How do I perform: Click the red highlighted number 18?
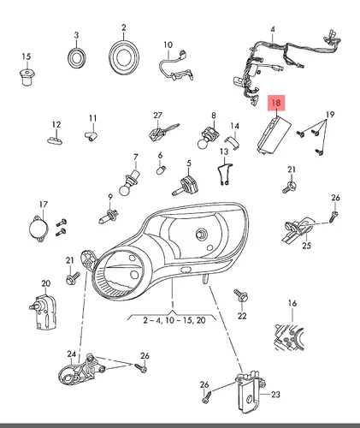276,103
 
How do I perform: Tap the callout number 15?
26,56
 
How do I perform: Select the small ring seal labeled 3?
76,59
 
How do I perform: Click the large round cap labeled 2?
124,56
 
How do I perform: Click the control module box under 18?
274,134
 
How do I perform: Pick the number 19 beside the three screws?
330,115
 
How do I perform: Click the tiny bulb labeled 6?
161,169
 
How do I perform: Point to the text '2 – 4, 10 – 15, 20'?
174,320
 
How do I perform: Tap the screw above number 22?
241,295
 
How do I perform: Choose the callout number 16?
292,303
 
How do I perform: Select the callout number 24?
72,354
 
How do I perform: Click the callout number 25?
306,246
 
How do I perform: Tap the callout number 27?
157,116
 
